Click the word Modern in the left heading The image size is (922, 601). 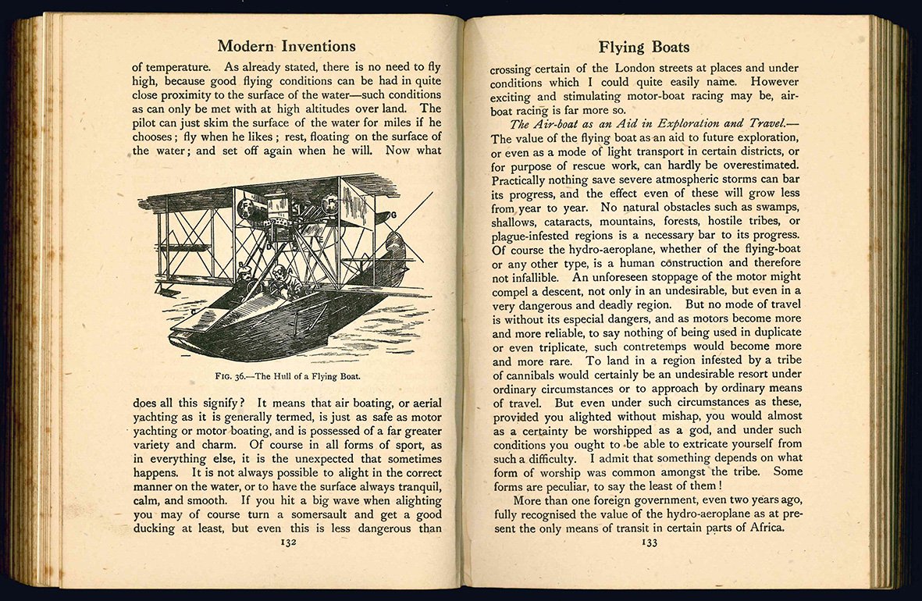point(246,46)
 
